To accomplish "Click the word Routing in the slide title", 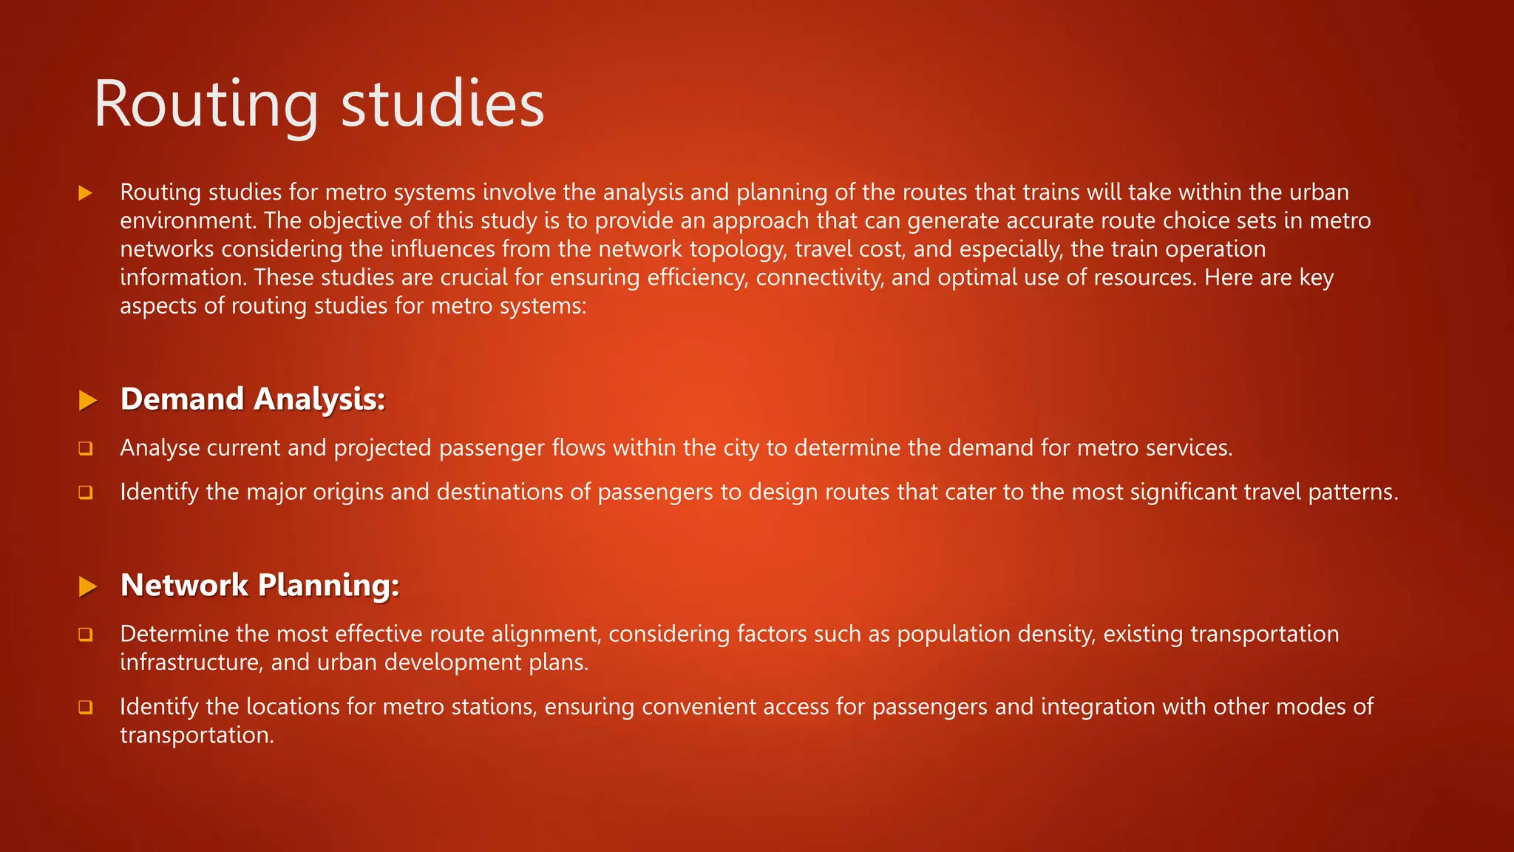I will (x=206, y=105).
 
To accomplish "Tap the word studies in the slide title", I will (x=442, y=104).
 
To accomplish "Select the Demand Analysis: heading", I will (x=253, y=399).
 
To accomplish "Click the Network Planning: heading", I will (x=259, y=585).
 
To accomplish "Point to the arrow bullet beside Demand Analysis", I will (x=88, y=401).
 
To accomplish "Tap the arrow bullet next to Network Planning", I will (x=88, y=587).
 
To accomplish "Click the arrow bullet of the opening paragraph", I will (x=85, y=194).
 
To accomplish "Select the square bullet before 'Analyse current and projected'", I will (x=86, y=448).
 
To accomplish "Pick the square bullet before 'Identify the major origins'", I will (x=86, y=493).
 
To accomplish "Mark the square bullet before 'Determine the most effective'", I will (x=86, y=635).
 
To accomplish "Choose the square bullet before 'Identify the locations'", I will (x=86, y=707).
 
